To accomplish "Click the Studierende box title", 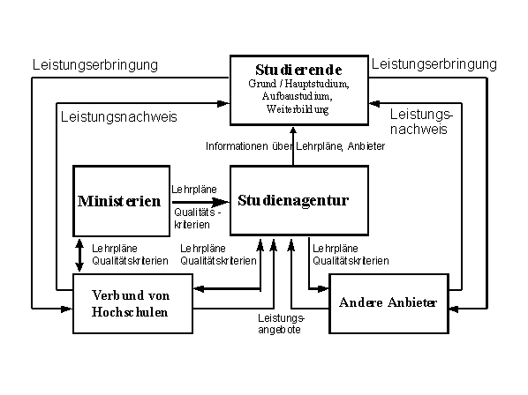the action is coord(298,70).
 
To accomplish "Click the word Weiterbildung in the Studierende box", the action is coord(298,109).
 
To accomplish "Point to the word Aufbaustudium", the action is coord(298,96).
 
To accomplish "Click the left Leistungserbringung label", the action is coord(95,65).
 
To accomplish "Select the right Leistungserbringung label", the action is coord(434,64).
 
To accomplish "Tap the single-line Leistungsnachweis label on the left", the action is coord(119,117).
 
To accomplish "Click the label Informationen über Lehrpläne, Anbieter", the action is coord(295,146).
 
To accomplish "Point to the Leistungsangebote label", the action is coord(281,324).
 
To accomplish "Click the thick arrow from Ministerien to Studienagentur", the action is coord(200,202).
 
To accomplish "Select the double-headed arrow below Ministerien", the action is coord(79,255).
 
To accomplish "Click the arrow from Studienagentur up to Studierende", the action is coord(293,146).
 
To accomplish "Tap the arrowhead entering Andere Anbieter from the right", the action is coord(454,309).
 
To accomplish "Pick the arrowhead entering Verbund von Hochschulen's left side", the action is coord(67,309).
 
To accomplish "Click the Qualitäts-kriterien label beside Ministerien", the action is coord(197,219).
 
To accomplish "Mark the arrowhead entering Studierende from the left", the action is coord(223,103).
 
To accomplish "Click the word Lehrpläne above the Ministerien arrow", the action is coord(194,190).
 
